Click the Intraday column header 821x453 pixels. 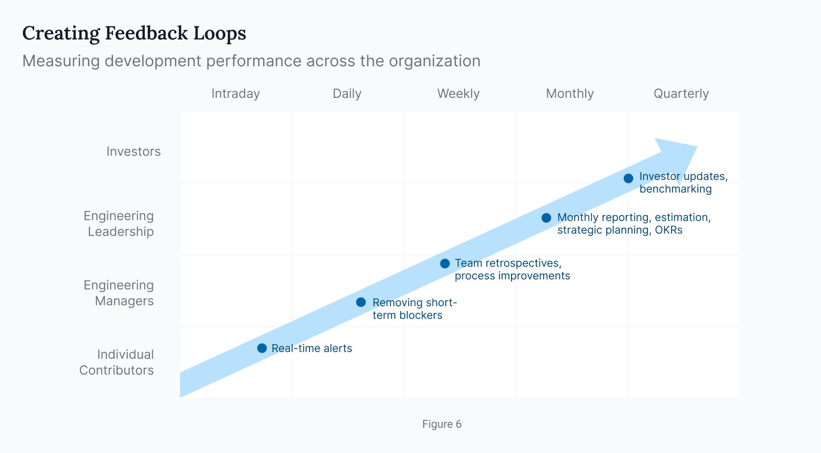point(235,94)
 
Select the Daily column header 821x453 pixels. point(347,94)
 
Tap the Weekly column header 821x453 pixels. point(458,94)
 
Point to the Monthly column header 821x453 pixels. point(569,94)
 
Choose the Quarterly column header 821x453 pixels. point(681,94)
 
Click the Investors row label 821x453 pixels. point(133,152)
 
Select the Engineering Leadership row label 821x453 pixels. point(119,224)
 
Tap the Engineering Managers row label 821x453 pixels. point(119,293)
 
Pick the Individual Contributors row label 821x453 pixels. point(117,362)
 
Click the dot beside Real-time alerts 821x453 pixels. point(262,348)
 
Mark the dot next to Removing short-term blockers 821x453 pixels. point(361,302)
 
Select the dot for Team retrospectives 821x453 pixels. point(445,264)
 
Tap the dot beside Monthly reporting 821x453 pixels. point(546,218)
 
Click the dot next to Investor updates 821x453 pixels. point(628,178)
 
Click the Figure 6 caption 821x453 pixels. point(442,424)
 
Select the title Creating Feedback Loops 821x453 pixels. point(134,33)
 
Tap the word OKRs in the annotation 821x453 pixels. point(668,230)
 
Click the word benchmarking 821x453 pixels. point(675,189)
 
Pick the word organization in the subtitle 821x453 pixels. point(434,61)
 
